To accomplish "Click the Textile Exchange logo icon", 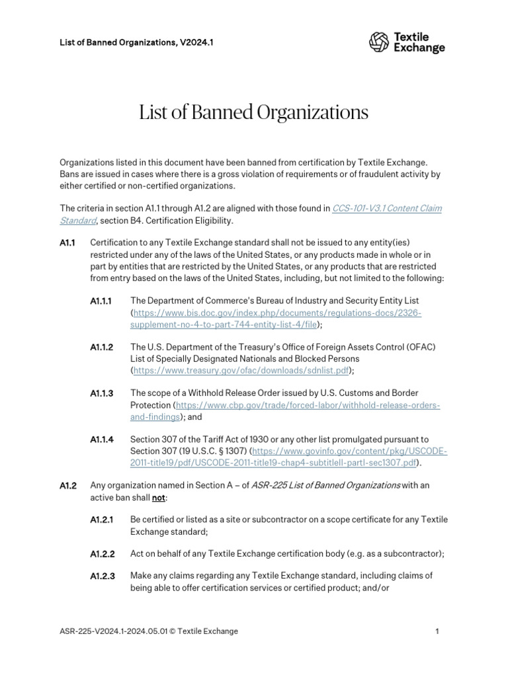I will tap(380, 42).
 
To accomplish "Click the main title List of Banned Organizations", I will tap(253, 113).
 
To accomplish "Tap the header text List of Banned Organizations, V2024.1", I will tap(136, 42).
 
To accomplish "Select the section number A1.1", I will tap(67, 243).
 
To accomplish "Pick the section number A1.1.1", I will tap(102, 301).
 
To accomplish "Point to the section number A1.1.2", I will tap(102, 347).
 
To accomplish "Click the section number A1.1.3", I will tap(102, 393).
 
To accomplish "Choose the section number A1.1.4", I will tap(102, 440).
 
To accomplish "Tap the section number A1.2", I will tap(68, 486).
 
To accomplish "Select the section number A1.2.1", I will tap(102, 520).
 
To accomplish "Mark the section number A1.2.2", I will tap(102, 554).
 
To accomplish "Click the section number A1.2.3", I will tap(102, 577).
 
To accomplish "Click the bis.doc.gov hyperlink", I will tap(277, 313).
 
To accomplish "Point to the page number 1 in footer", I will tap(437, 631).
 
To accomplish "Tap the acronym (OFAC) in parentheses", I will tap(417, 347).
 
